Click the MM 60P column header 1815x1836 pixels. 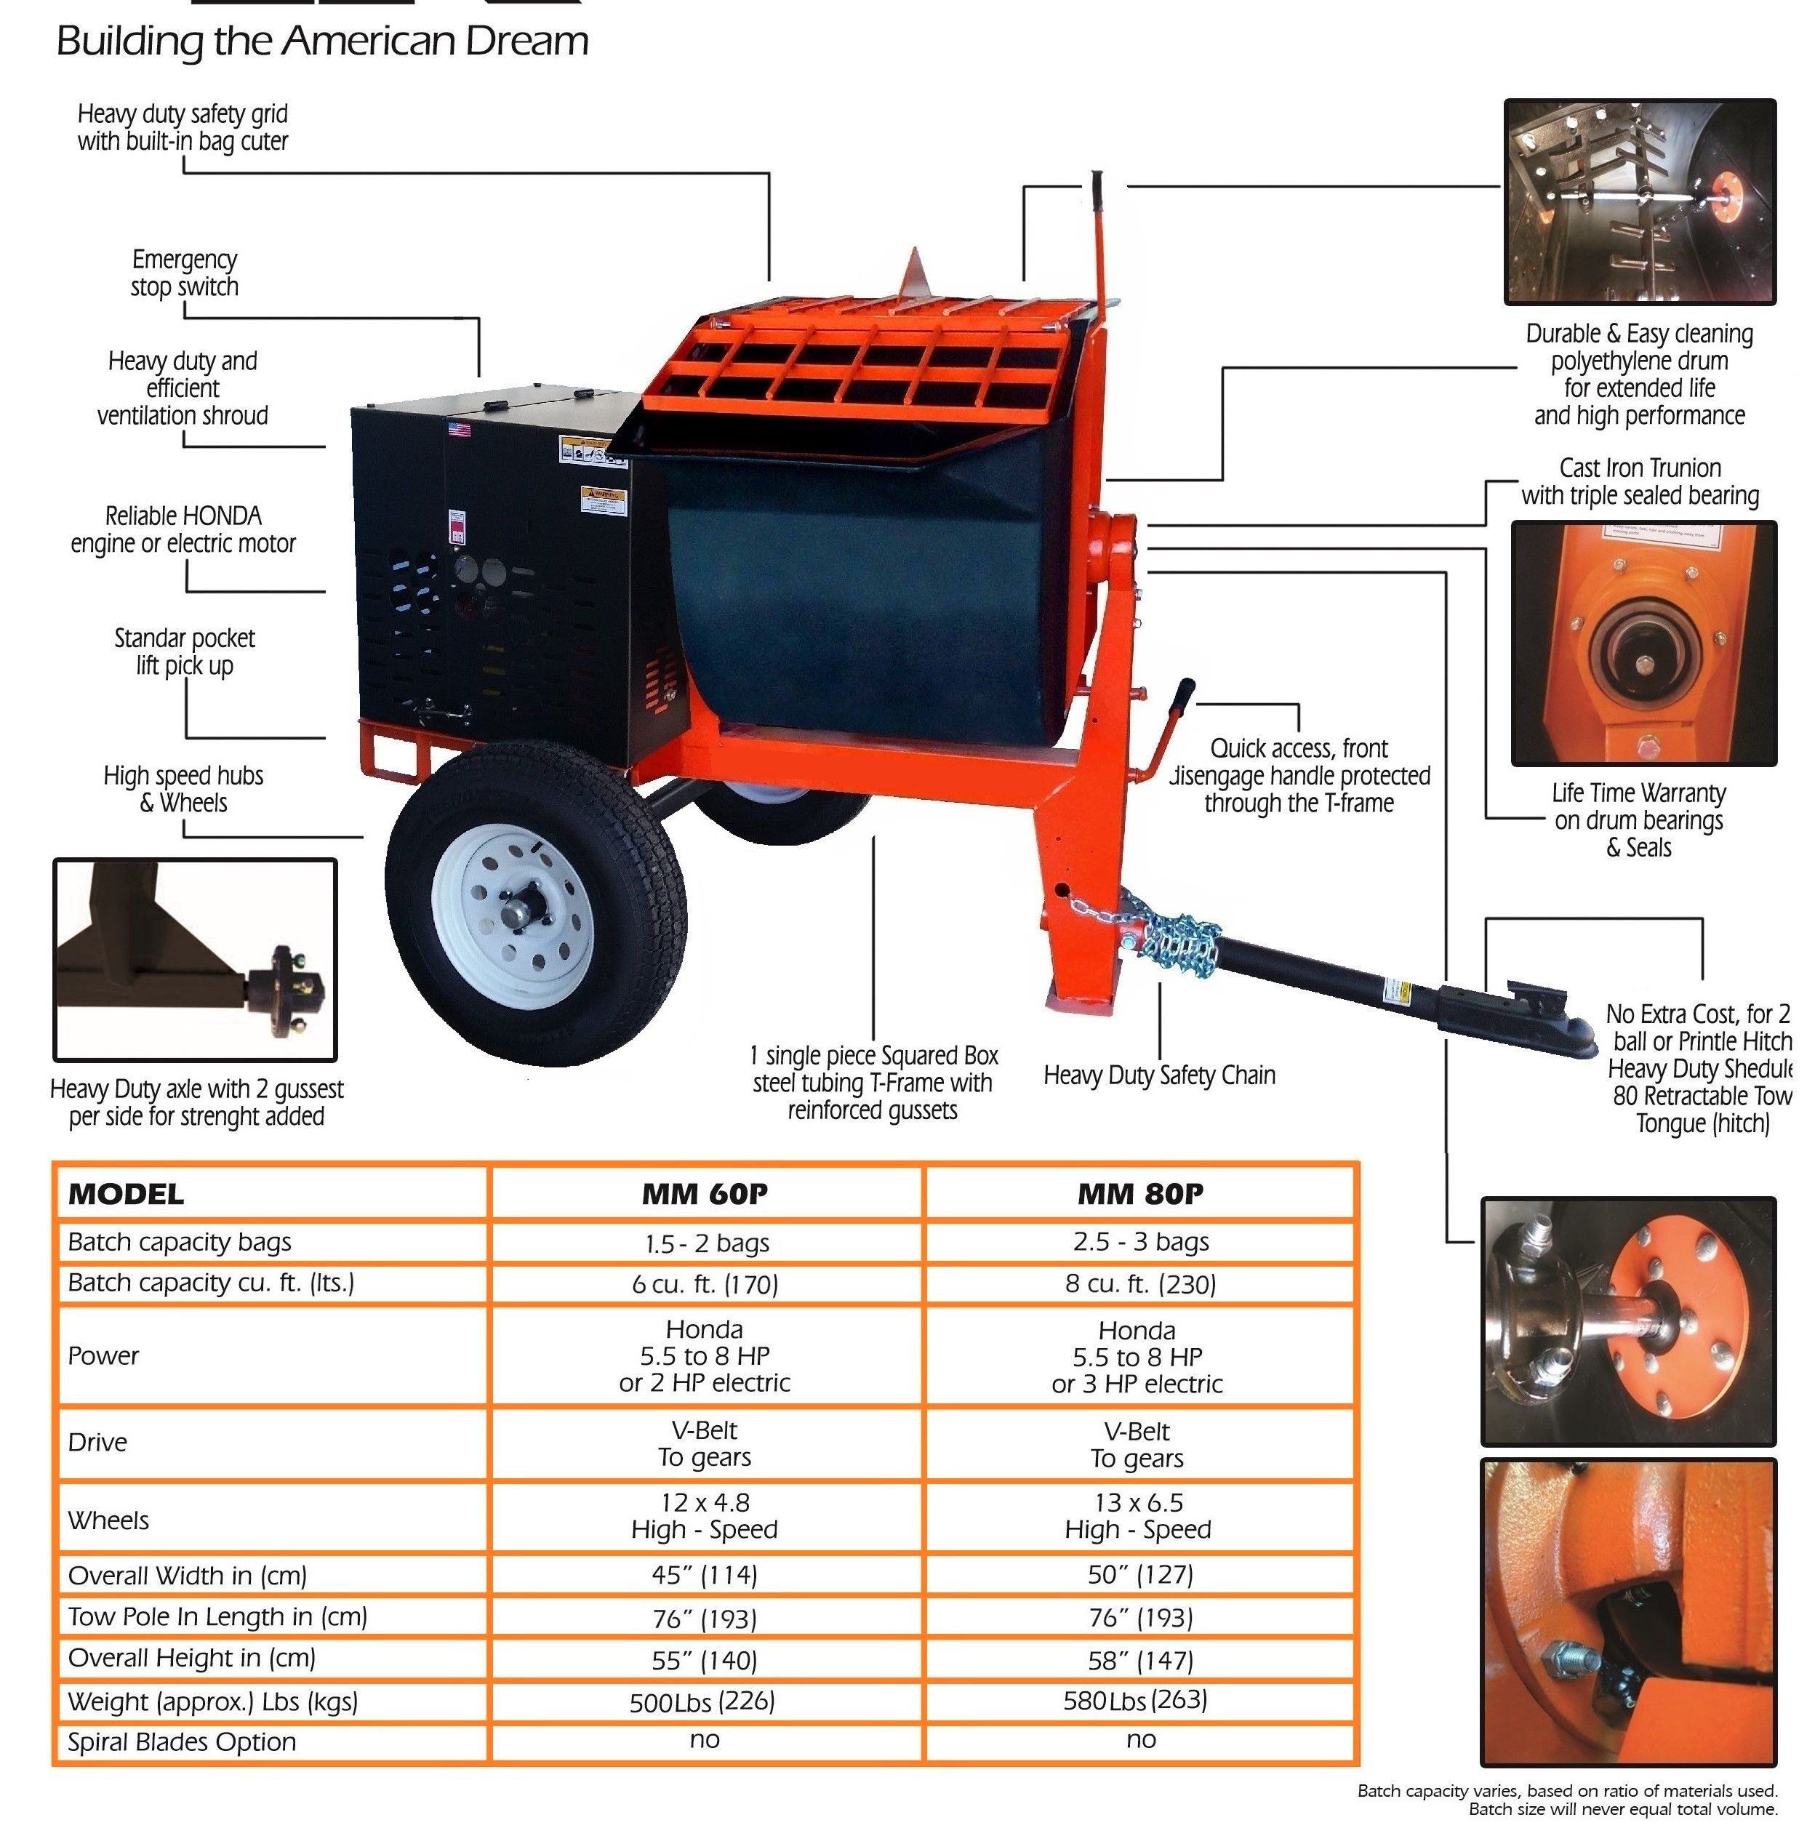[x=704, y=1194]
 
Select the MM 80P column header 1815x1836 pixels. [x=1139, y=1194]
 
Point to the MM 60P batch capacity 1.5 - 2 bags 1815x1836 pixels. [x=704, y=1242]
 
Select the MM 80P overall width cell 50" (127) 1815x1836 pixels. [x=1139, y=1575]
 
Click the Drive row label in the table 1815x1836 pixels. [x=98, y=1442]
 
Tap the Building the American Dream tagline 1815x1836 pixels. [x=322, y=41]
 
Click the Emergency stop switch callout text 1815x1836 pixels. [x=185, y=273]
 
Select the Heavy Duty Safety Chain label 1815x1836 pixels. [x=1158, y=1075]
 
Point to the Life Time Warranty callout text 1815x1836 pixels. [x=1638, y=819]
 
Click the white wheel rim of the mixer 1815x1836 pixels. [x=513, y=913]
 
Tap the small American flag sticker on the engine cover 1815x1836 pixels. [x=459, y=430]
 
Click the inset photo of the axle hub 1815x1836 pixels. [x=195, y=959]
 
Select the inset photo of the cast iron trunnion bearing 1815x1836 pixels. [x=1643, y=644]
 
